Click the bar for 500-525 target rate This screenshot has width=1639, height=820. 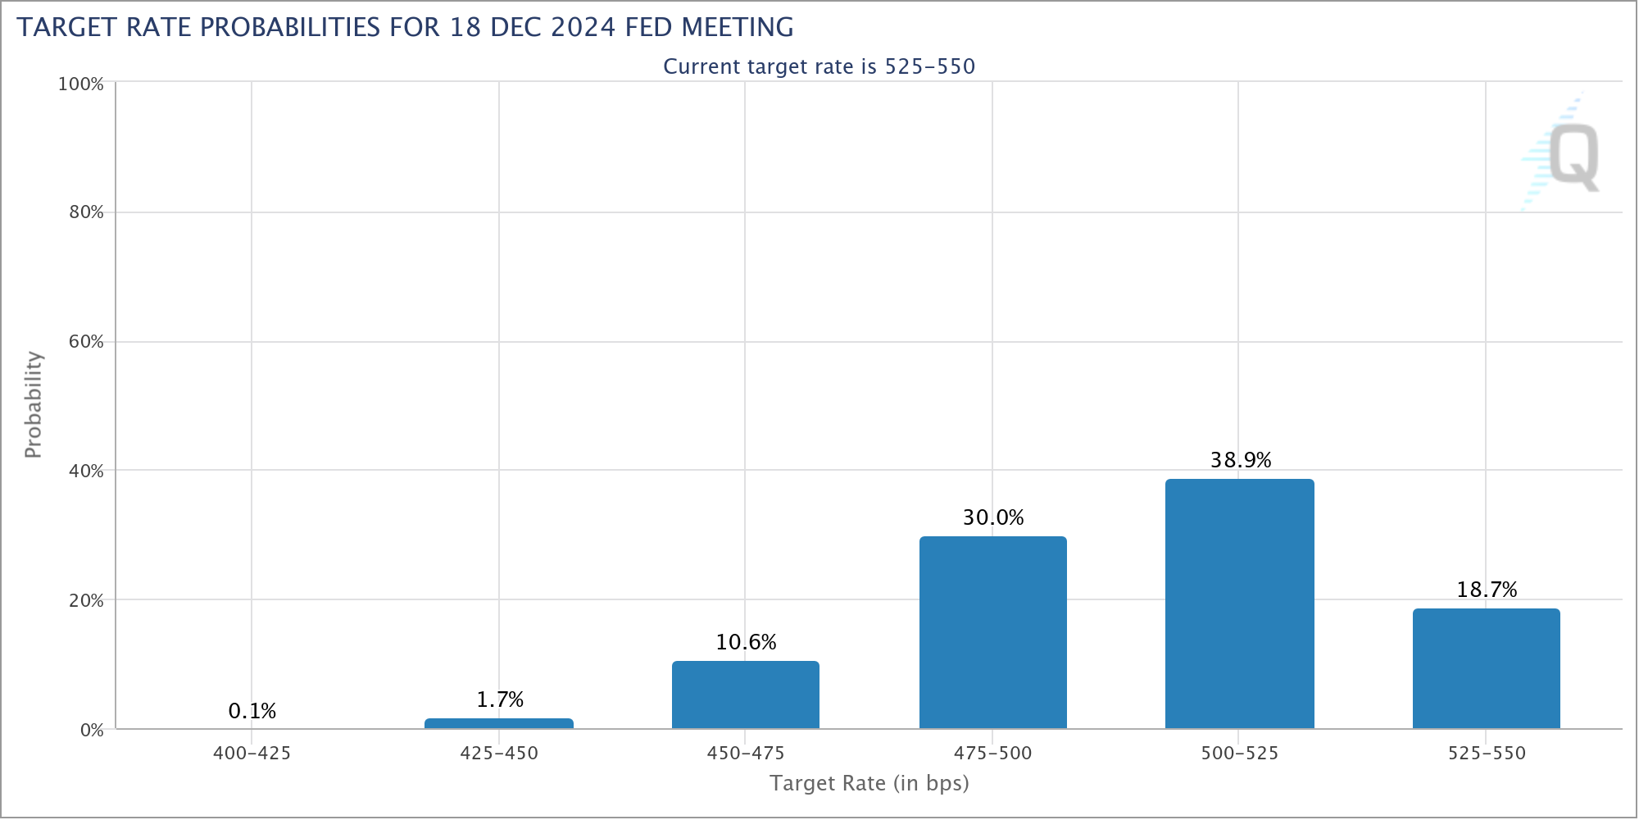(x=1239, y=604)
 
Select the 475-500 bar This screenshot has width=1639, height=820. (x=992, y=632)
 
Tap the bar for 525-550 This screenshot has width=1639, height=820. (x=1486, y=668)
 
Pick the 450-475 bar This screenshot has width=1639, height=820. (x=745, y=695)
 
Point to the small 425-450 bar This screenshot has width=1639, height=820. (x=498, y=723)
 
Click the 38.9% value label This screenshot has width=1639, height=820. (x=1241, y=460)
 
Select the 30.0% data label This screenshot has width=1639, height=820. (x=993, y=517)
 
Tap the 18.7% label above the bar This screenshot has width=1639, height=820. (x=1487, y=590)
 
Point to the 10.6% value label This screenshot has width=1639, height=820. (x=746, y=642)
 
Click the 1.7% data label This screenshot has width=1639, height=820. (x=500, y=699)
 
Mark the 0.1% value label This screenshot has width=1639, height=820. (x=252, y=711)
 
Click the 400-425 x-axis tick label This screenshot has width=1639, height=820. (x=252, y=753)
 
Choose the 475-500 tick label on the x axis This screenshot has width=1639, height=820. (x=992, y=753)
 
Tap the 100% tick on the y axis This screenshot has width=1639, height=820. (x=80, y=84)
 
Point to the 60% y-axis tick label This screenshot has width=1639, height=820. (x=85, y=342)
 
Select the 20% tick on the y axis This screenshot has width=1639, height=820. (x=85, y=600)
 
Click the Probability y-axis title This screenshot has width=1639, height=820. (x=33, y=404)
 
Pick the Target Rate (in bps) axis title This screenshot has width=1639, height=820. (x=869, y=783)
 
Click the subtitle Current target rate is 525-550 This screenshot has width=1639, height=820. (x=819, y=66)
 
